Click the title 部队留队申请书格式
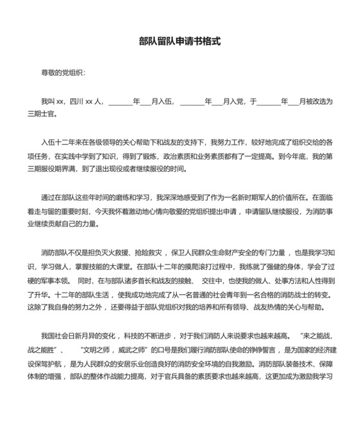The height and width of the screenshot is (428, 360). pyautogui.click(x=180, y=41)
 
